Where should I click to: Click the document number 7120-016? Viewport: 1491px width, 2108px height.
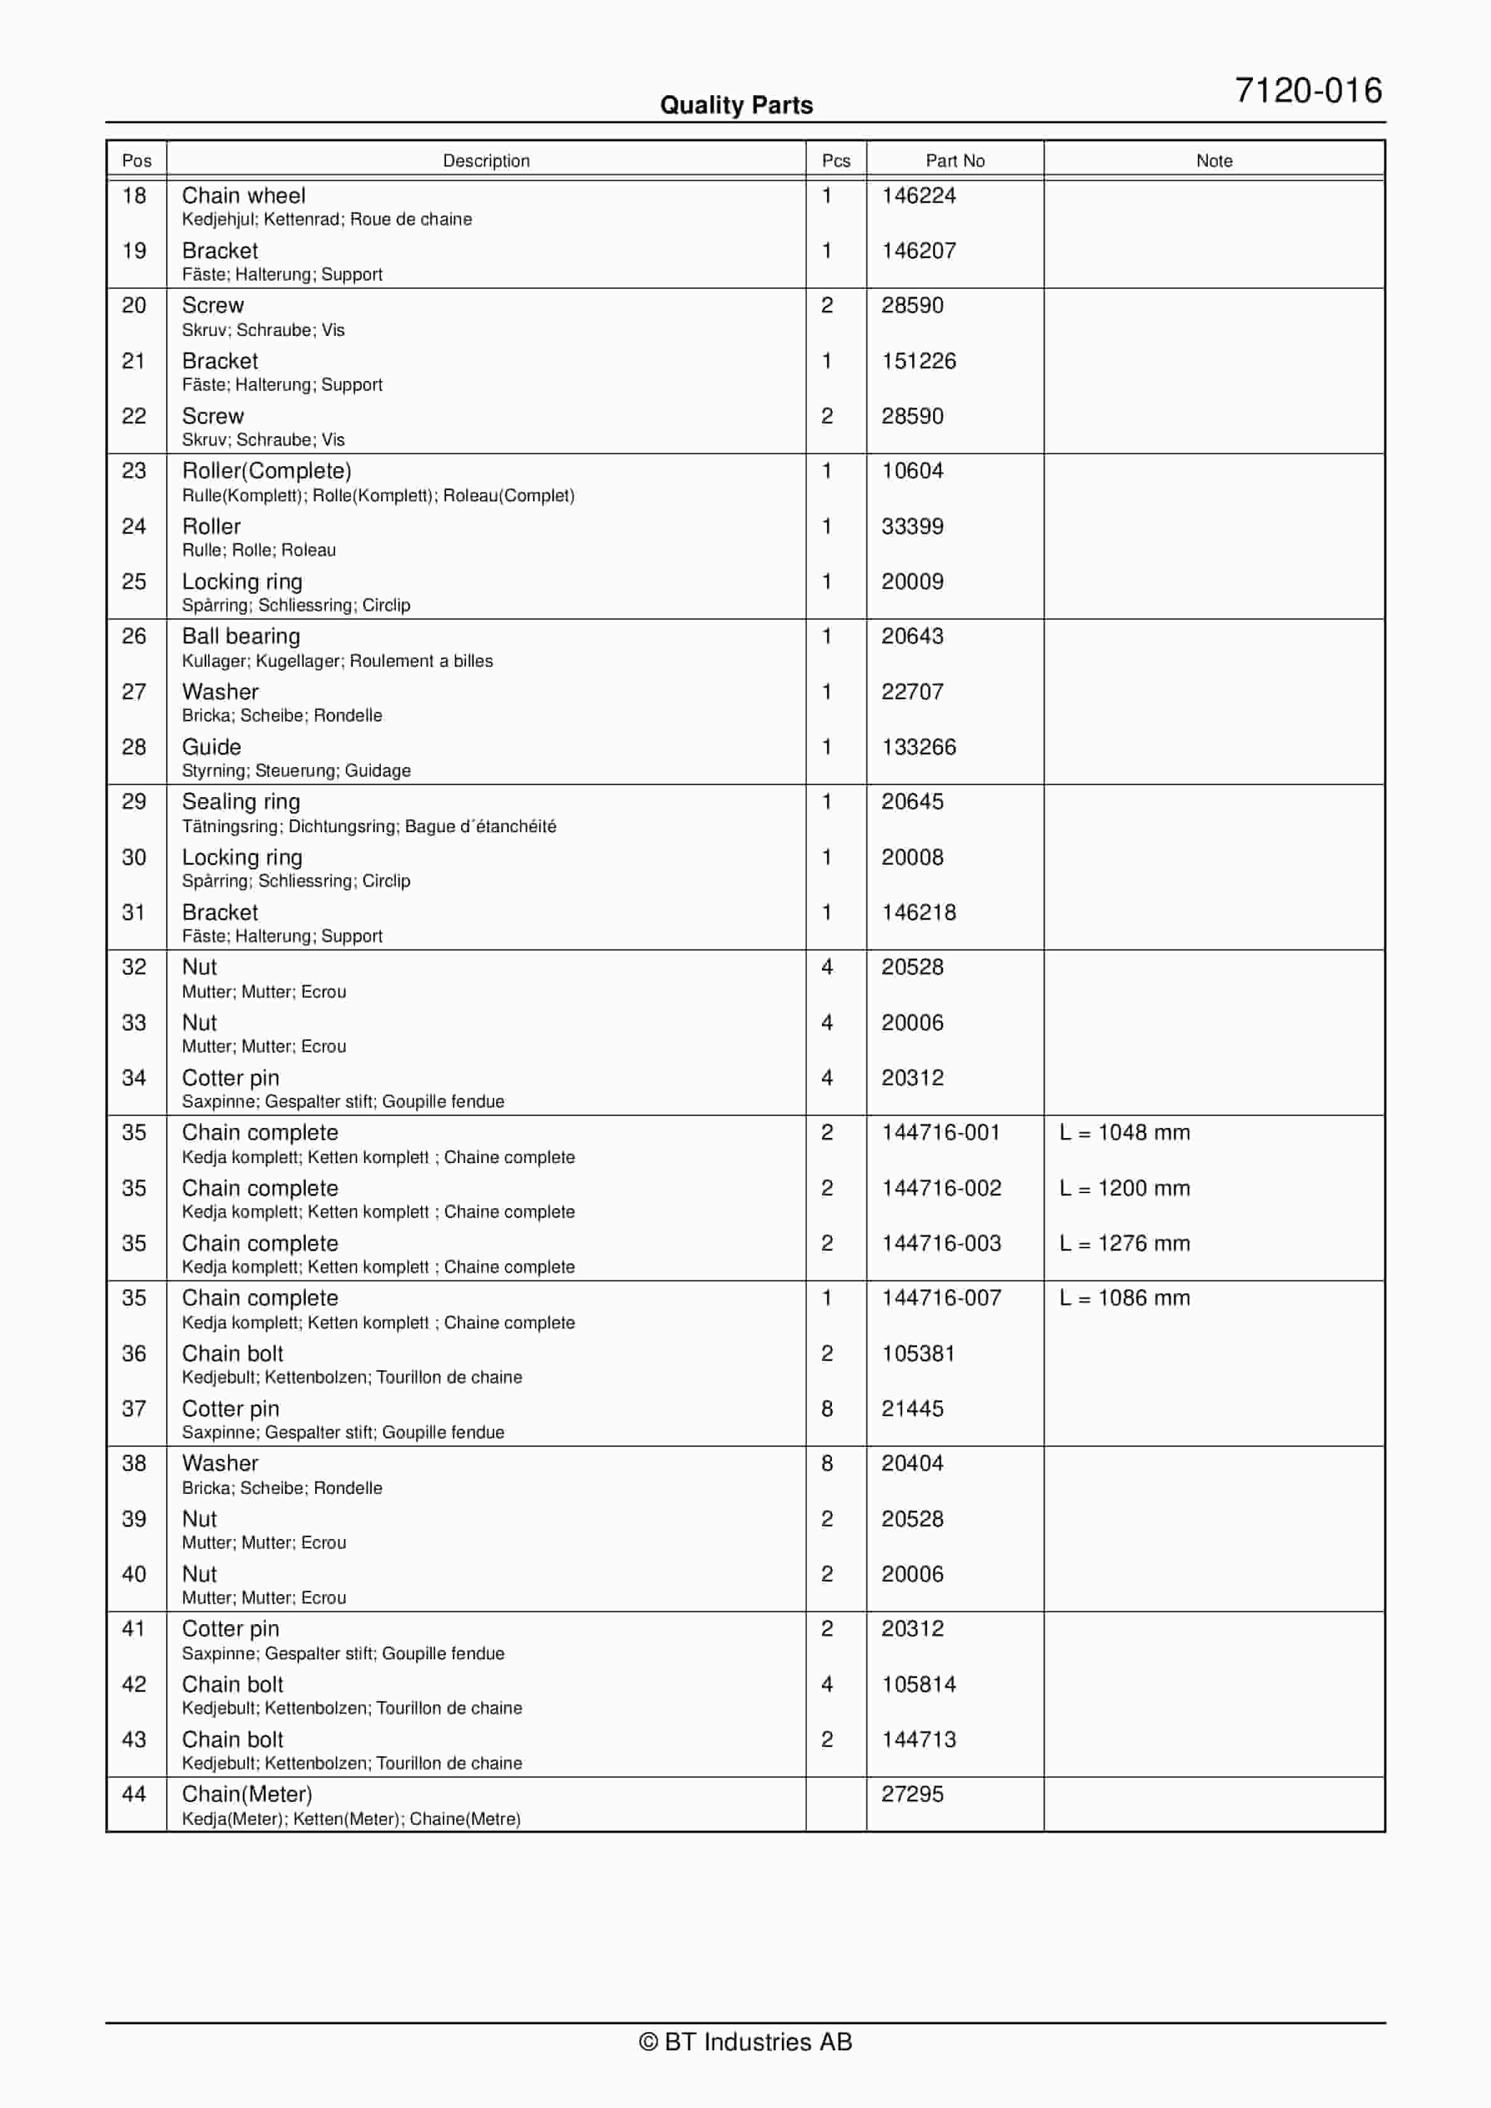(x=1307, y=91)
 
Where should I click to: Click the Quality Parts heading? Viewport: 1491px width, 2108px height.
(x=736, y=105)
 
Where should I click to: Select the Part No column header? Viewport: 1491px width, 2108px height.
(x=955, y=160)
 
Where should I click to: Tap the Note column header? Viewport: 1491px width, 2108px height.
(x=1213, y=160)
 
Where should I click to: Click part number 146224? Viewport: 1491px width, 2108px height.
(x=918, y=196)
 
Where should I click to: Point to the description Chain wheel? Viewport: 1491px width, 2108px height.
(x=243, y=196)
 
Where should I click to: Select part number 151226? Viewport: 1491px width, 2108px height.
(x=918, y=361)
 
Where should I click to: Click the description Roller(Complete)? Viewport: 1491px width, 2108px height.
(x=266, y=471)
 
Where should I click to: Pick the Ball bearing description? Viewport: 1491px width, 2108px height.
(x=241, y=636)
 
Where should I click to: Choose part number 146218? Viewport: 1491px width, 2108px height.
(x=918, y=912)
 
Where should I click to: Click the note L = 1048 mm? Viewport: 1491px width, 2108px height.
(x=1124, y=1132)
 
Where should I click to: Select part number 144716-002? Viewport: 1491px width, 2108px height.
(x=941, y=1188)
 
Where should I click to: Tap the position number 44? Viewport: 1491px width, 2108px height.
(x=134, y=1794)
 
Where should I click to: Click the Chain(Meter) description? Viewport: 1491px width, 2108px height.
(x=247, y=1794)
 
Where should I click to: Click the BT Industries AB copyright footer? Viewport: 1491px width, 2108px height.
(x=745, y=2042)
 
